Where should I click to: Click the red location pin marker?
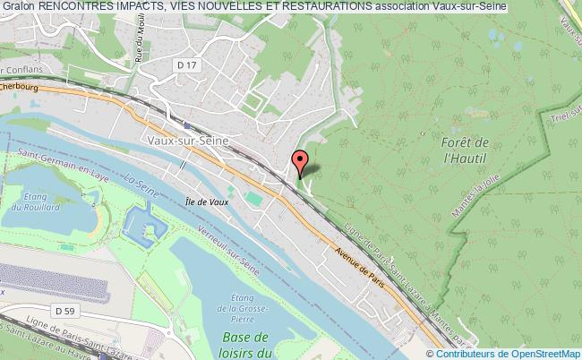(x=300, y=163)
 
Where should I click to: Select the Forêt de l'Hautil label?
(x=465, y=150)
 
